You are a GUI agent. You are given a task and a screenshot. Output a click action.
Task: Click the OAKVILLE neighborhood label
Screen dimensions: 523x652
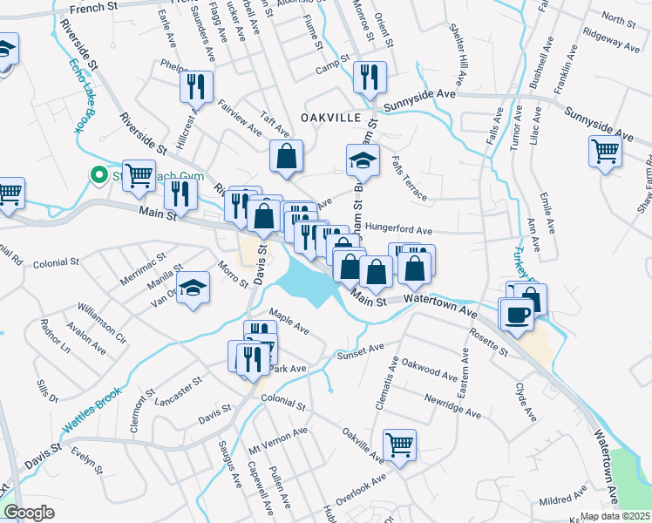(x=329, y=117)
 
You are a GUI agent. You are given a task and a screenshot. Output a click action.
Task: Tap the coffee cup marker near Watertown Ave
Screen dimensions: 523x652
(x=516, y=314)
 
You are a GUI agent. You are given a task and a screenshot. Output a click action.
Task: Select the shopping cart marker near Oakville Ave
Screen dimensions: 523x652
(x=399, y=445)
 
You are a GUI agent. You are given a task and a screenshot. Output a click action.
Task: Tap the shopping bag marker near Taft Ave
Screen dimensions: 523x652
(x=286, y=157)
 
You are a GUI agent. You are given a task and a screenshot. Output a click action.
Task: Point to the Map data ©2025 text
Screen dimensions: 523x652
(x=615, y=516)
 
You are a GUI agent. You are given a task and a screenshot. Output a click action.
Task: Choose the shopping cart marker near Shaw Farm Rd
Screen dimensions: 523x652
(x=605, y=152)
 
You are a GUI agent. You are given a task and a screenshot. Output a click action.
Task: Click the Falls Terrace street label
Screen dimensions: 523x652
(x=410, y=179)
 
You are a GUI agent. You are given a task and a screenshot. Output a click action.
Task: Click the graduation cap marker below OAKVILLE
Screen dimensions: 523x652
(x=362, y=160)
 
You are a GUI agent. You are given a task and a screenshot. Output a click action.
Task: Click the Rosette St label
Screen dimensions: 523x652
(x=488, y=345)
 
